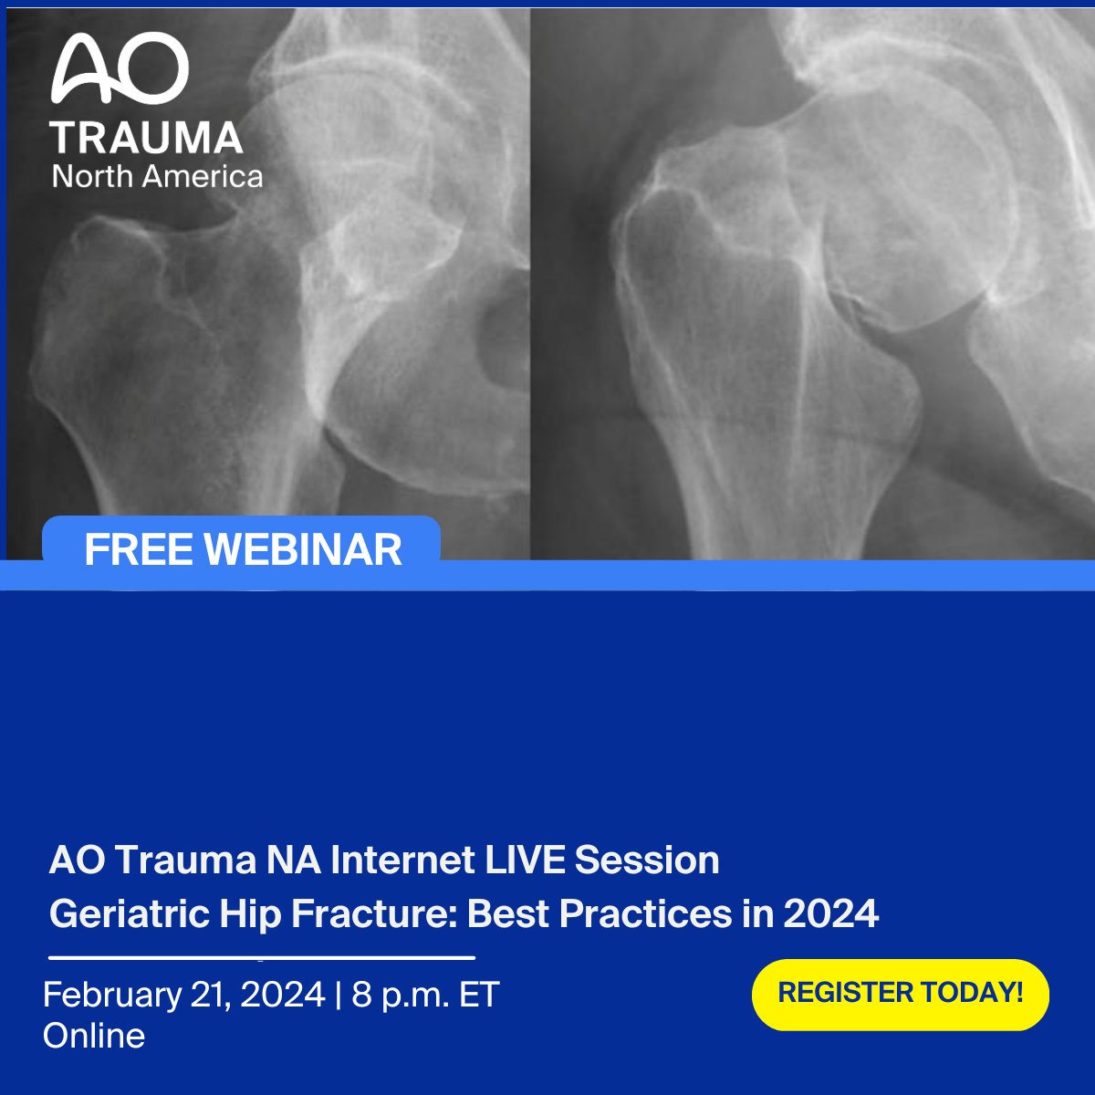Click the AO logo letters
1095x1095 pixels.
(120, 70)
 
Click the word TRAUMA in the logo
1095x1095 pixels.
(147, 138)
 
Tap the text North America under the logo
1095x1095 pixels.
(157, 176)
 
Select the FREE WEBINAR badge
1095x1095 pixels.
(242, 549)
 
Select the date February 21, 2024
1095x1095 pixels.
(183, 995)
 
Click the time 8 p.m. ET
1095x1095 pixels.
(425, 995)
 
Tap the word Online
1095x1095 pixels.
(94, 1036)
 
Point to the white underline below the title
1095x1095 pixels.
(262, 958)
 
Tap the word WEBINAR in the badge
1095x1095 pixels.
(303, 549)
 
